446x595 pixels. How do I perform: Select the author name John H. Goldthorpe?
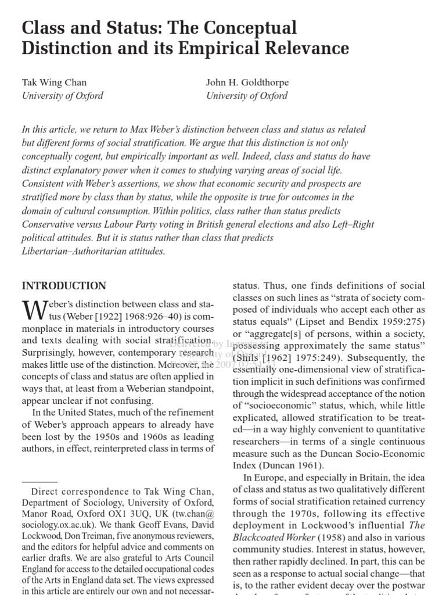[247, 83]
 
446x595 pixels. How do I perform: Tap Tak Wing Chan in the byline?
[54, 83]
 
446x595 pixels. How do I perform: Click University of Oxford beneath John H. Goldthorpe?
[247, 96]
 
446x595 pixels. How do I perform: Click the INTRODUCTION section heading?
[64, 286]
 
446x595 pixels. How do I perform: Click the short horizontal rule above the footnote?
[39, 482]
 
